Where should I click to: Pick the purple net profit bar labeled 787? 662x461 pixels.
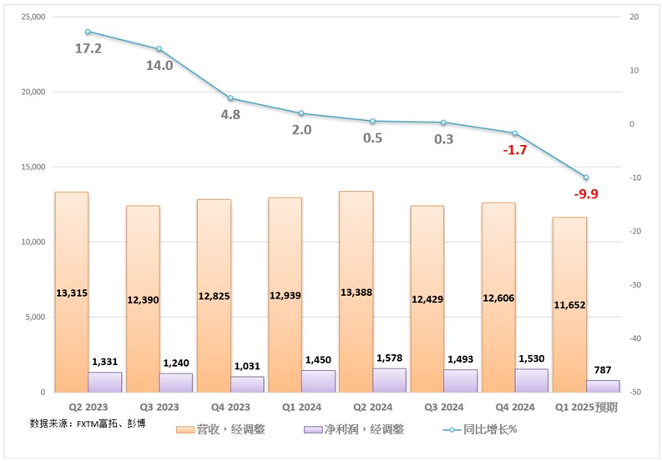pyautogui.click(x=603, y=386)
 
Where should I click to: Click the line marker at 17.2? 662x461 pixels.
pyautogui.click(x=88, y=32)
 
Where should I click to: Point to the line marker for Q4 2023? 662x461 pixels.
pyautogui.click(x=230, y=98)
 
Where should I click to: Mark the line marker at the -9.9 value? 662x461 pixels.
pyautogui.click(x=586, y=178)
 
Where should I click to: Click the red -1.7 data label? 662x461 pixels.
pyautogui.click(x=514, y=150)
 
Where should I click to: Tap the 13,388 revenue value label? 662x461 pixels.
pyautogui.click(x=356, y=293)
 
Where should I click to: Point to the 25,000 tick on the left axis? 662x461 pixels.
pyautogui.click(x=29, y=17)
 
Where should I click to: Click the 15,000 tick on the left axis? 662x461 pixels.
pyautogui.click(x=29, y=167)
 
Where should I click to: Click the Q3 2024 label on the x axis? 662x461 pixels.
pyautogui.click(x=443, y=408)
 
